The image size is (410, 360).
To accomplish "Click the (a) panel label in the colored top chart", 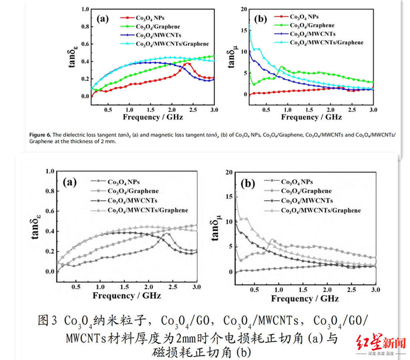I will pyautogui.click(x=103, y=18).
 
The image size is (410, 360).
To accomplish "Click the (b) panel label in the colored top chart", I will pyautogui.click(x=261, y=19).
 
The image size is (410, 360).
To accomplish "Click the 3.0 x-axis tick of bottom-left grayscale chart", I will pyautogui.click(x=196, y=288).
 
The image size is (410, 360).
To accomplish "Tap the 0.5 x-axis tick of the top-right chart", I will pyautogui.click(x=266, y=109).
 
